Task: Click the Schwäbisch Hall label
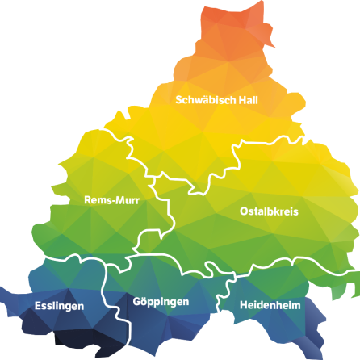(x=216, y=100)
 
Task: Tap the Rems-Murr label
(x=112, y=199)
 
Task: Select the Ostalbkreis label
(x=270, y=211)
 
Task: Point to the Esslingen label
(x=59, y=306)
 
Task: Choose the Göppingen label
(x=161, y=302)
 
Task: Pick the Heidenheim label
(x=270, y=306)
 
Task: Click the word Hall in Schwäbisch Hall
(x=247, y=100)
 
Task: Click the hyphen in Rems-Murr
(x=114, y=200)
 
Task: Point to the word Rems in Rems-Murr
(x=98, y=199)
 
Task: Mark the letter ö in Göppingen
(x=144, y=302)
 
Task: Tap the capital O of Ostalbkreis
(x=245, y=211)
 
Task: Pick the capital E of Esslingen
(x=38, y=306)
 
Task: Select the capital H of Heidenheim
(x=244, y=306)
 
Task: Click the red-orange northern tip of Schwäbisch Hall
(x=234, y=24)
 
